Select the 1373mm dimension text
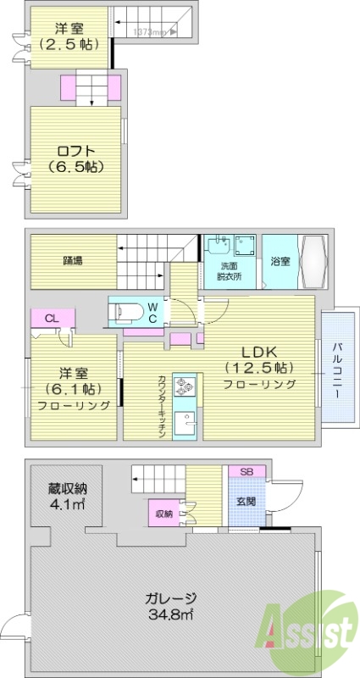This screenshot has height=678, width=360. click(153, 32)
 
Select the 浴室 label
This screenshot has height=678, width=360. click(280, 261)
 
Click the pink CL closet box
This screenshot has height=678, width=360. click(53, 319)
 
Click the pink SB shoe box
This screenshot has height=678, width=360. click(246, 471)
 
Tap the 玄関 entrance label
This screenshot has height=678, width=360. click(246, 499)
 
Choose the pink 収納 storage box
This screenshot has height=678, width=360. click(164, 513)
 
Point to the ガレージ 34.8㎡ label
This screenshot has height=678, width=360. click(172, 605)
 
